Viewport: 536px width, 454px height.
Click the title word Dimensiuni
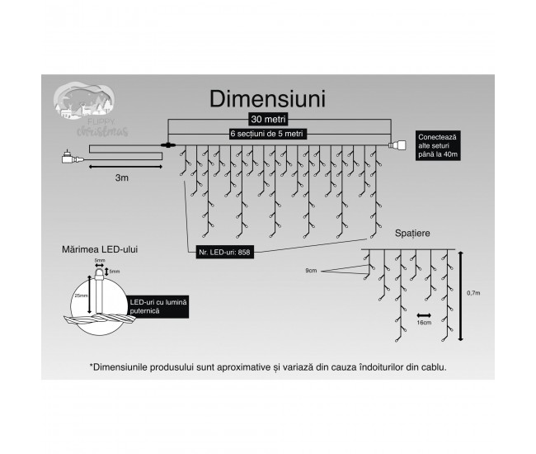tap(267, 98)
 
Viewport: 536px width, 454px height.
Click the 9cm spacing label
tap(310, 270)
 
